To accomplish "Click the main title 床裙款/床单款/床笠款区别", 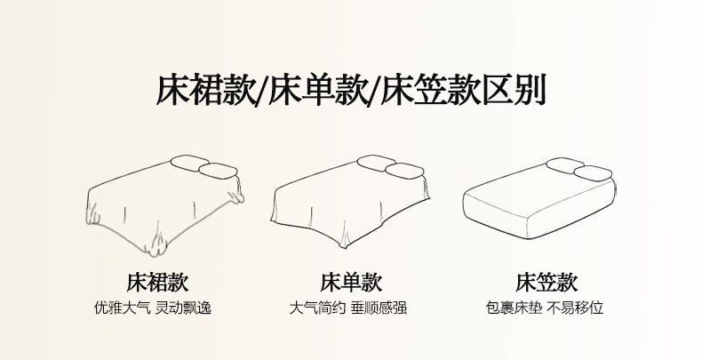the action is [352, 90].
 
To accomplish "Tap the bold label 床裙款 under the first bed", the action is [157, 282].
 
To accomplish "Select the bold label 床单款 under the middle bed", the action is [352, 282].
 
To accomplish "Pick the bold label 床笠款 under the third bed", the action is [546, 282].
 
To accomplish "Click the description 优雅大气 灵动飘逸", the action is [153, 308].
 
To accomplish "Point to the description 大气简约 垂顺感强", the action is [347, 308].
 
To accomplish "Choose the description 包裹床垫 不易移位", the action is [545, 308].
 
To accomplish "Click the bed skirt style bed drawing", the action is [164, 206].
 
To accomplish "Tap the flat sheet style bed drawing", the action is [350, 203].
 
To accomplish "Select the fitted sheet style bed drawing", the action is [539, 200].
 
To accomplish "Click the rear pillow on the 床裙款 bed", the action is [189, 163].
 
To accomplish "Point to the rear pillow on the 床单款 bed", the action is [376, 163].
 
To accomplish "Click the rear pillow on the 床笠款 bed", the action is [565, 164].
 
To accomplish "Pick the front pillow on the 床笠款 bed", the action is [593, 173].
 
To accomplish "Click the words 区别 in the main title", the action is [515, 90].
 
